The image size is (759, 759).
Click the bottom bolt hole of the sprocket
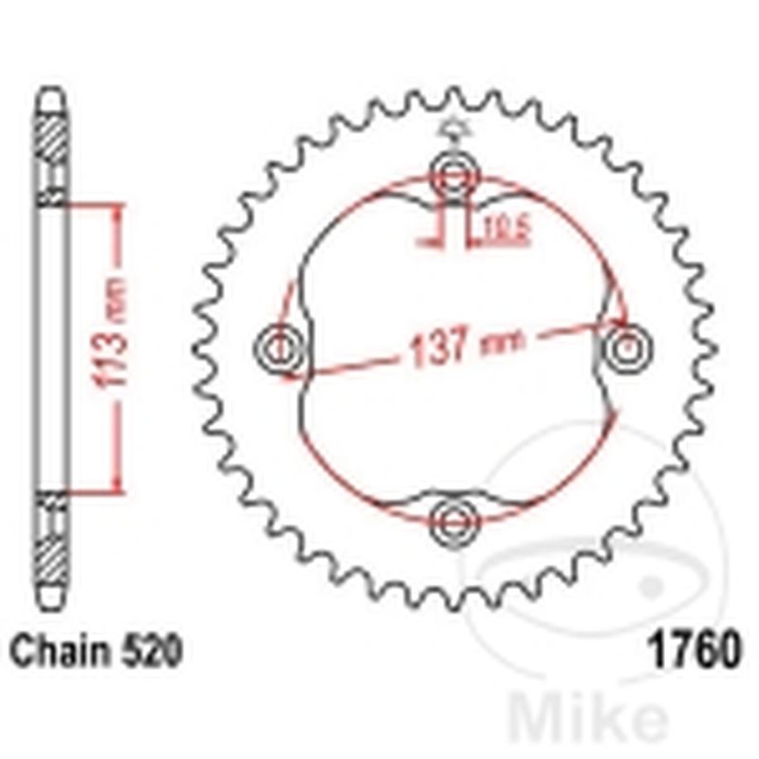click(454, 520)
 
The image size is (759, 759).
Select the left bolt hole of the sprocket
click(280, 348)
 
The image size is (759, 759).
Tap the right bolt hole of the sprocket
click(626, 348)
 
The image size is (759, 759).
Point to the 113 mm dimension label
click(115, 332)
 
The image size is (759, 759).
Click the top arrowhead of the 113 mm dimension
click(115, 211)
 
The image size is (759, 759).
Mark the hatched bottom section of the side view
click(53, 550)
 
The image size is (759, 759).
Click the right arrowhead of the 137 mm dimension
click(621, 324)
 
